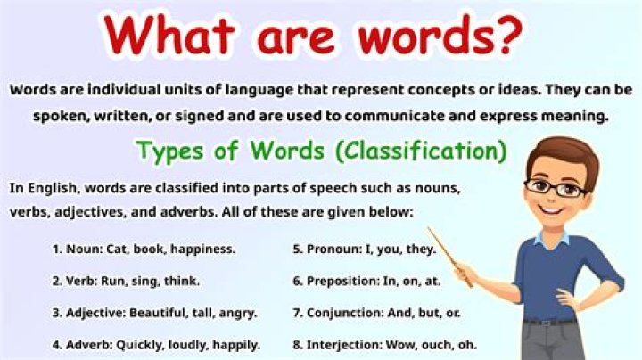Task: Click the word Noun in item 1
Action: point(85,249)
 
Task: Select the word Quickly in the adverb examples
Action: point(140,345)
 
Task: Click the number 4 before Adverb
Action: point(56,345)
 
